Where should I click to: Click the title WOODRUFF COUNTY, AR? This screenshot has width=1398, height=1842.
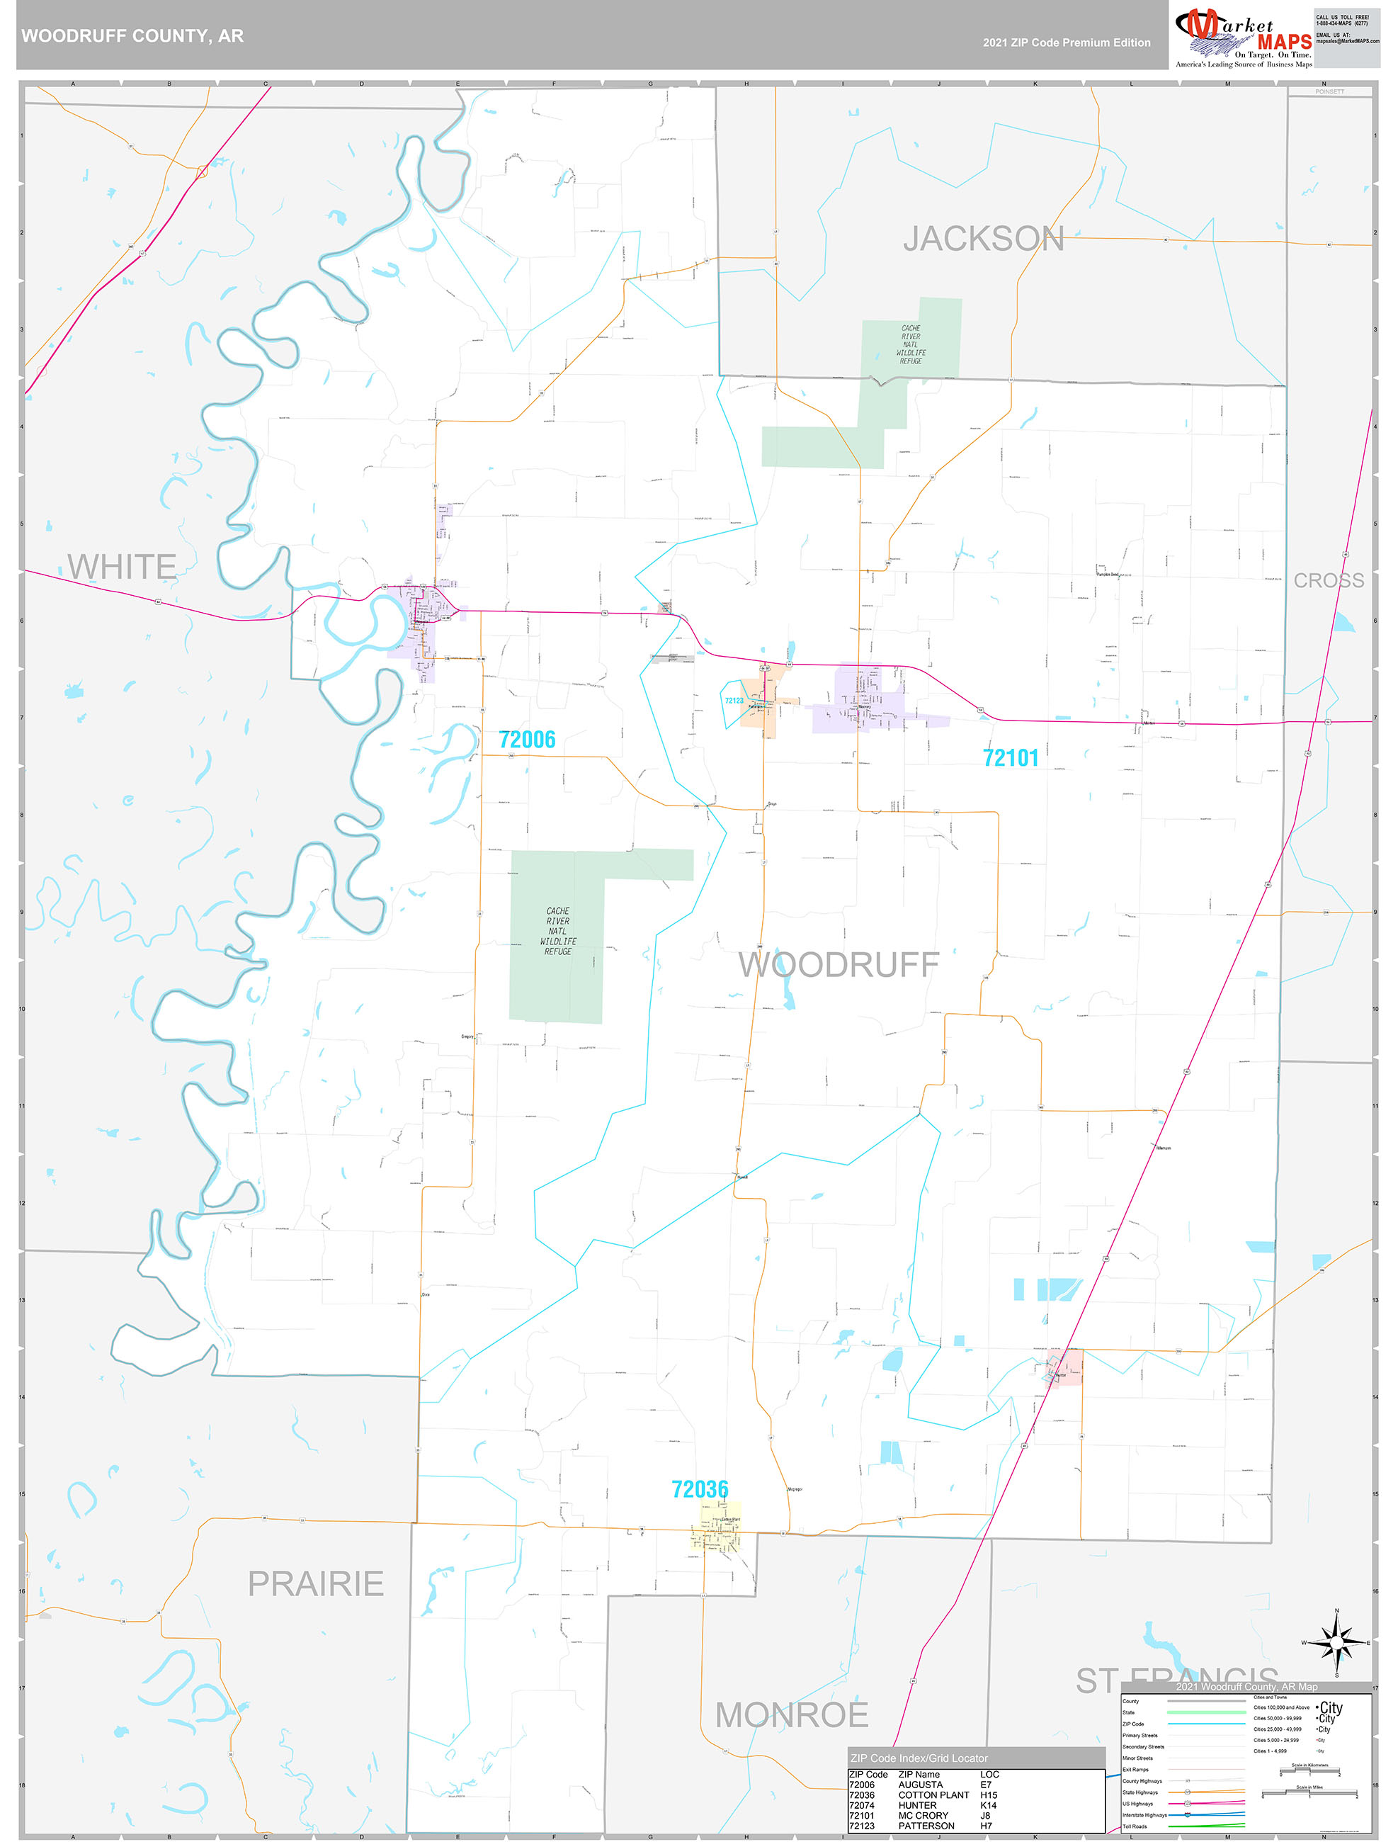pyautogui.click(x=132, y=36)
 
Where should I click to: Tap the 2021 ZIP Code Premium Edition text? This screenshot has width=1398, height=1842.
pyautogui.click(x=1066, y=43)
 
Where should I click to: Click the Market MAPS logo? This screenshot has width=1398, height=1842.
pyautogui.click(x=1243, y=38)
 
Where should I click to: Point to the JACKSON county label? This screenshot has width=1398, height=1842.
pyautogui.click(x=984, y=239)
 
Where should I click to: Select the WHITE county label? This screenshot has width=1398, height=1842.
pyautogui.click(x=122, y=566)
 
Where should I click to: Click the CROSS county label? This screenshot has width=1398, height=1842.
pyautogui.click(x=1328, y=580)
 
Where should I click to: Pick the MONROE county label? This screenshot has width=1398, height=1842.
pyautogui.click(x=791, y=1714)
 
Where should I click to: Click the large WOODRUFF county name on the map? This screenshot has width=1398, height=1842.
pyautogui.click(x=839, y=964)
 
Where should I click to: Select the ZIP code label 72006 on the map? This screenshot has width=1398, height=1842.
pyautogui.click(x=526, y=740)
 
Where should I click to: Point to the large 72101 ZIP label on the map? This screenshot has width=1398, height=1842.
pyautogui.click(x=1010, y=758)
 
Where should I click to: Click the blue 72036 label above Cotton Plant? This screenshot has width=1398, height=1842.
pyautogui.click(x=700, y=1489)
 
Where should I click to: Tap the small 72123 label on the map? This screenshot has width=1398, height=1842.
pyautogui.click(x=734, y=701)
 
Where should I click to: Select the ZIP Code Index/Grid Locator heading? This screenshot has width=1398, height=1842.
pyautogui.click(x=919, y=1758)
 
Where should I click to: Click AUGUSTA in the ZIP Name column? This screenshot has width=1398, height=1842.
pyautogui.click(x=920, y=1785)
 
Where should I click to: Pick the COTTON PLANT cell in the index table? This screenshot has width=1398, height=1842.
pyautogui.click(x=933, y=1795)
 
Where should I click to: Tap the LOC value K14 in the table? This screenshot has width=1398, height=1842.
pyautogui.click(x=989, y=1805)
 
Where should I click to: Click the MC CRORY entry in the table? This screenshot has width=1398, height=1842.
pyautogui.click(x=923, y=1815)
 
